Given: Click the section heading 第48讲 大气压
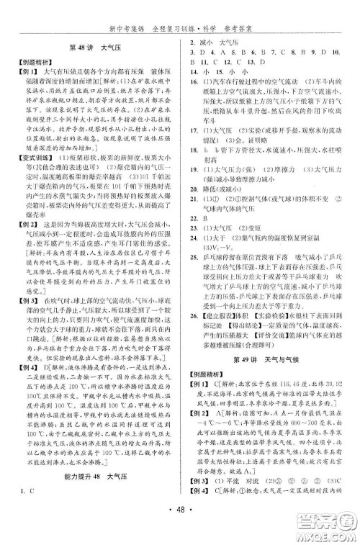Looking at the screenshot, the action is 91,48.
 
